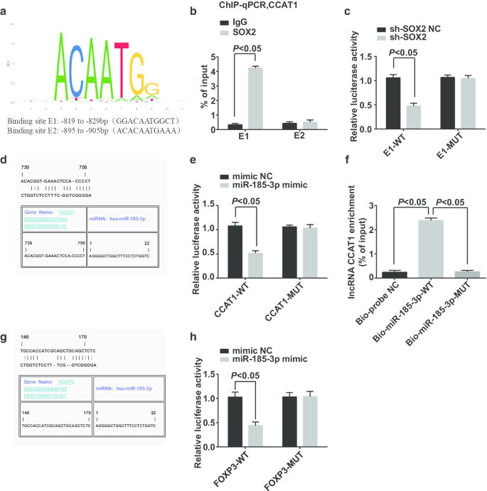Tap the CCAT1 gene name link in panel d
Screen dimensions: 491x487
point(67,212)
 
